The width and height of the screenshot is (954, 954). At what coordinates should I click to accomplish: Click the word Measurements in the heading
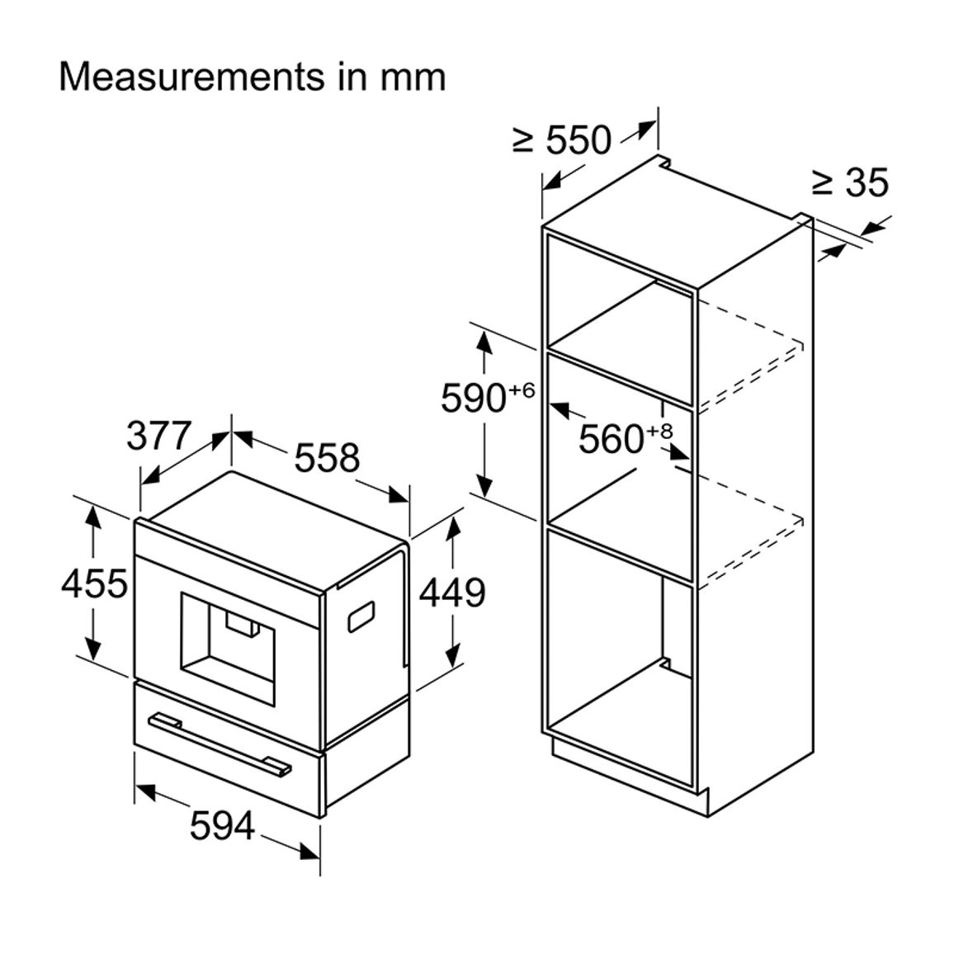[191, 78]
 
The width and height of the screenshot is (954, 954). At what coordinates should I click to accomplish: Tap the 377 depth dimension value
[159, 436]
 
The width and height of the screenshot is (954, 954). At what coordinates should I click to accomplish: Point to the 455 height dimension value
[94, 583]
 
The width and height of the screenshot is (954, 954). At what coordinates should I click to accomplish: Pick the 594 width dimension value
[222, 825]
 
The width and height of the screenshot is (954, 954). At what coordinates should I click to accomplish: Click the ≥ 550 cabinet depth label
[561, 140]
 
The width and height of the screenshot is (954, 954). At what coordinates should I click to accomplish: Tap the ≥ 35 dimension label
[851, 182]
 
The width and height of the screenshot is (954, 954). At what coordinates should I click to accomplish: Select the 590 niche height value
[474, 399]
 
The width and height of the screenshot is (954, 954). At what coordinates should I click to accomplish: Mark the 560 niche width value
[611, 439]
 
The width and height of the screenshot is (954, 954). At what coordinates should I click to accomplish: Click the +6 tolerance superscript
[522, 390]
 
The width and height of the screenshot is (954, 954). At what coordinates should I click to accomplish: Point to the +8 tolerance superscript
[659, 432]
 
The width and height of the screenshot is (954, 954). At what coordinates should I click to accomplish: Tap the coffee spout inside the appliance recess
[243, 626]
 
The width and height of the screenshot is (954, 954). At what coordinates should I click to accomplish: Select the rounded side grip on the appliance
[361, 617]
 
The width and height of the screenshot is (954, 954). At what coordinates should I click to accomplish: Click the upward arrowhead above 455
[92, 517]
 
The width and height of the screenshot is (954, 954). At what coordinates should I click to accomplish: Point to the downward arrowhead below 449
[452, 656]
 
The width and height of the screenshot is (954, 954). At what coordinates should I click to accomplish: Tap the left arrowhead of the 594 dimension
[145, 790]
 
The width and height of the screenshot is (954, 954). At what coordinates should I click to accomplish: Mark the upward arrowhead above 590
[484, 342]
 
